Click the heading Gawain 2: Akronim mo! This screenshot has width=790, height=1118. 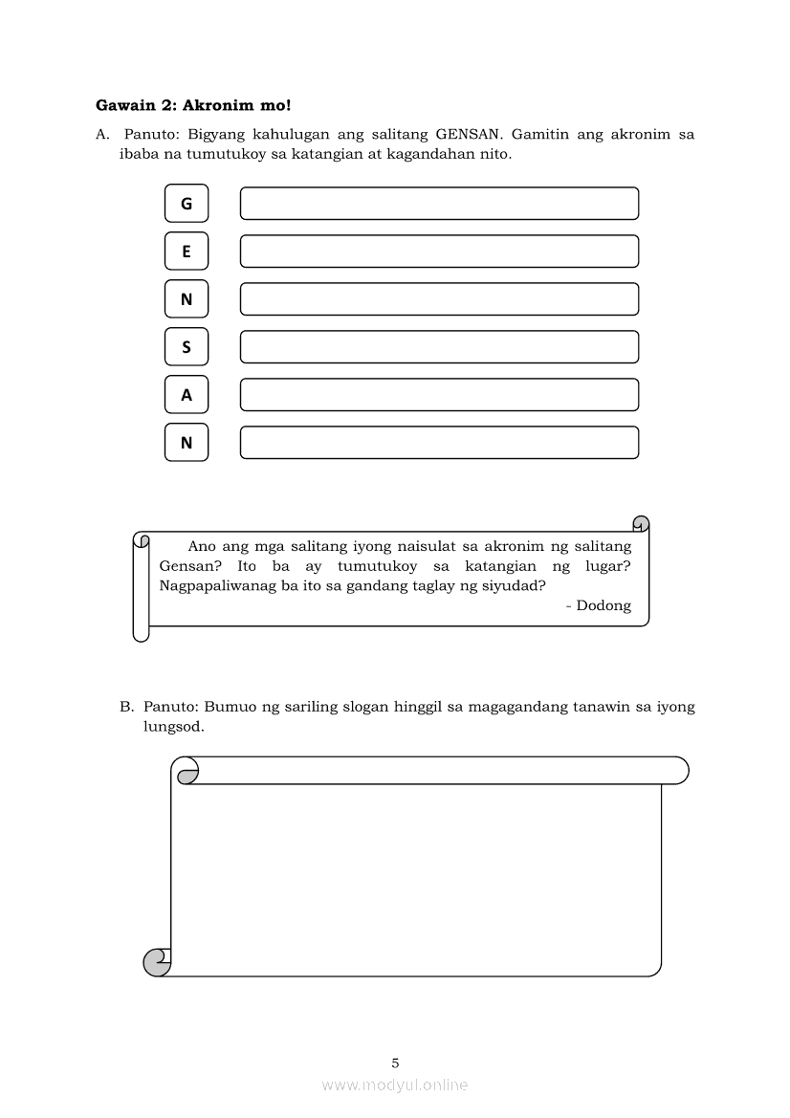coord(192,103)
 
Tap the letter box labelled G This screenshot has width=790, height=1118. coord(187,204)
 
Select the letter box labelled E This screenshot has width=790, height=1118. coord(187,252)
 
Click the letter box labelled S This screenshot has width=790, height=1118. coord(187,347)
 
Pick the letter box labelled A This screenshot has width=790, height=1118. coord(187,395)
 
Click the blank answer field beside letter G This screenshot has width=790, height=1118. coord(439,204)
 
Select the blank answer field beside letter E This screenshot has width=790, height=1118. coord(439,252)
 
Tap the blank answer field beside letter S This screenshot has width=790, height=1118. coord(439,347)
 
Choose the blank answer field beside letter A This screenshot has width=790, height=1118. coord(439,395)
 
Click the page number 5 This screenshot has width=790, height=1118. coord(395,1063)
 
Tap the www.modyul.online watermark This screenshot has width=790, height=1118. coord(395,1085)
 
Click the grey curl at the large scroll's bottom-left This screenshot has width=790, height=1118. coord(155,961)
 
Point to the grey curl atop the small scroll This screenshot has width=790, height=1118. coord(641,523)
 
